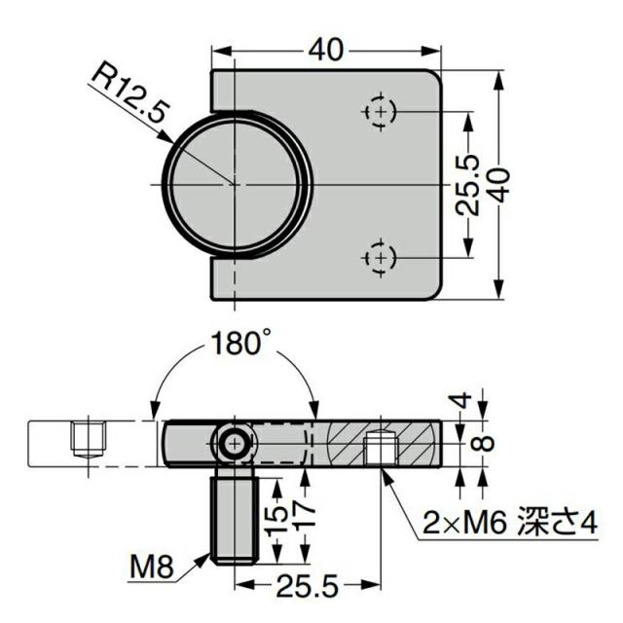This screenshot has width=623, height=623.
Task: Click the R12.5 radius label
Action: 128,92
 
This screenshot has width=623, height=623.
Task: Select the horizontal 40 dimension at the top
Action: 325,51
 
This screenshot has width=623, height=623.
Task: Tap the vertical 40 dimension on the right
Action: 500,185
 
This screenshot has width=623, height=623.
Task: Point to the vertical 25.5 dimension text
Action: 468,185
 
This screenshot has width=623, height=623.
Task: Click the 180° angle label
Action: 237,343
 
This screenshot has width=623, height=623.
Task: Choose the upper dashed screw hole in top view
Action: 381,111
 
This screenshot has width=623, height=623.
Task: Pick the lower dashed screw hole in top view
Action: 381,258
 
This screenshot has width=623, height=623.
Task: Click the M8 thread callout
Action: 152,567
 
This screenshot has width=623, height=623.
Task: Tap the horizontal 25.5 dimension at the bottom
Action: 307,586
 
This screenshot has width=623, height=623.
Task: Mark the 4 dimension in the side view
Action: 461,400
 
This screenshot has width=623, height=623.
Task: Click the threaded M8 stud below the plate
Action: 235,515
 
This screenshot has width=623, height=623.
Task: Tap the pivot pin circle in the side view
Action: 236,444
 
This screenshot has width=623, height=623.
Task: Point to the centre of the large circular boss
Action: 235,185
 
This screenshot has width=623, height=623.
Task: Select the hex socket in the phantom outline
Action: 89,439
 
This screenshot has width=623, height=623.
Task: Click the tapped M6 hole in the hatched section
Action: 381,448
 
